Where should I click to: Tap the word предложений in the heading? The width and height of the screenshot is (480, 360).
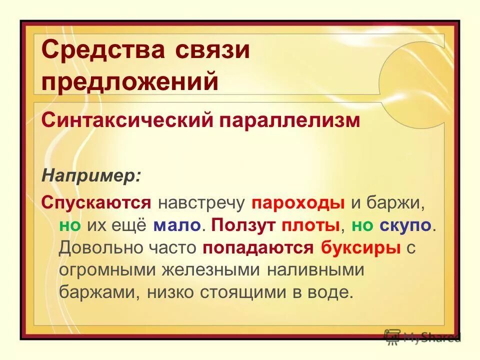click(x=130, y=81)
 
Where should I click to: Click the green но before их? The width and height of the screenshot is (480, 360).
click(x=69, y=224)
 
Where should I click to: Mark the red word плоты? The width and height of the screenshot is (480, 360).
click(x=310, y=224)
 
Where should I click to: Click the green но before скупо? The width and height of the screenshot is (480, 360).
click(x=362, y=224)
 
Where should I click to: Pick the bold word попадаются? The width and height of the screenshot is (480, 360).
click(x=258, y=247)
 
